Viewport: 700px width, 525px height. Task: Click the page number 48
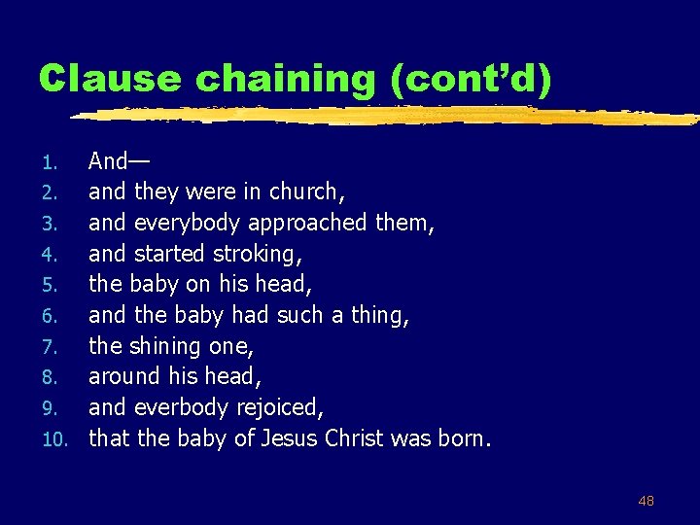coord(646,501)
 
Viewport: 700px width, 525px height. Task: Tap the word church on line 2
coord(303,192)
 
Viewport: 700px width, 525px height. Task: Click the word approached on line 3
coord(308,223)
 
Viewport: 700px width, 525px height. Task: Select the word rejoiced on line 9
coord(281,407)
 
